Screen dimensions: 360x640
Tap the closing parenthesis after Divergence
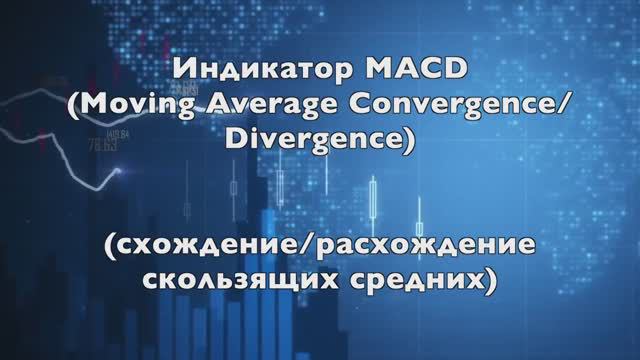[406, 144]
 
